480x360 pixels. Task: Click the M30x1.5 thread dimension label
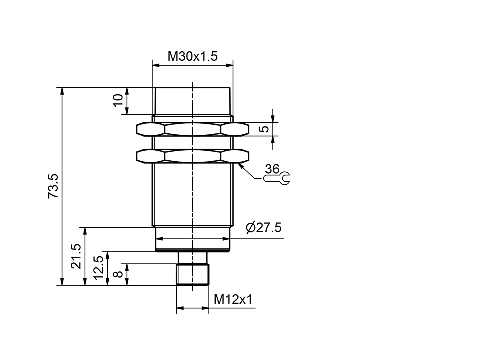pos(192,56)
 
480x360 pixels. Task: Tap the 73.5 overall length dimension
pos(53,186)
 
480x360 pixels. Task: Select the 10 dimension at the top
pos(118,100)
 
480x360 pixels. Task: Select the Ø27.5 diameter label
pos(264,228)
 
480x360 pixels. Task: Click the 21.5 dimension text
pos(75,256)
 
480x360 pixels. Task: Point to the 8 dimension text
pos(118,274)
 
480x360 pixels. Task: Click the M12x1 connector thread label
pos(233,299)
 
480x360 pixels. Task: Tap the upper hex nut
pos(192,129)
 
